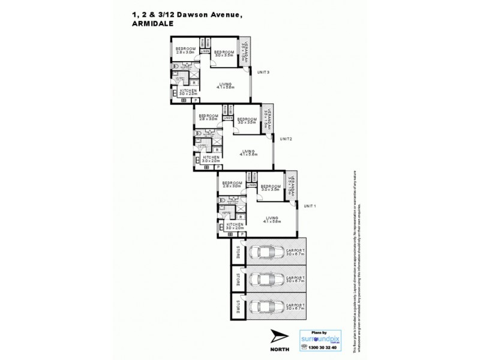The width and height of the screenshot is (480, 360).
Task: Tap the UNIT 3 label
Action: click(x=263, y=73)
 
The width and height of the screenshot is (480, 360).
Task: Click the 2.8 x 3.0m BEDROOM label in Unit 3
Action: click(x=185, y=50)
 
